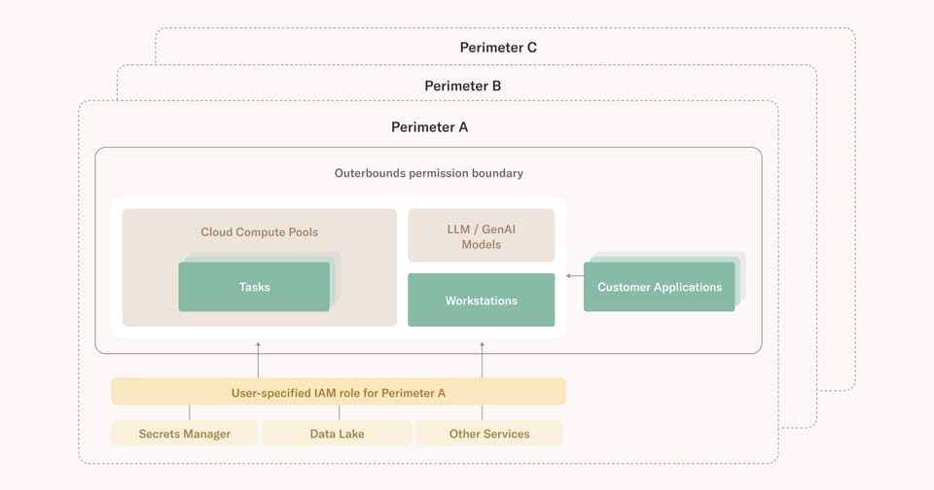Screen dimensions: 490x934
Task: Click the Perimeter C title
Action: [498, 47]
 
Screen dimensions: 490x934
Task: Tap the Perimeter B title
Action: [463, 86]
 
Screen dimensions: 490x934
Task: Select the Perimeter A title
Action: [429, 126]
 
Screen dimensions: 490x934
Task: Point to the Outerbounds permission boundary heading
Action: [428, 173]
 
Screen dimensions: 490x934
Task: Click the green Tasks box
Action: [254, 287]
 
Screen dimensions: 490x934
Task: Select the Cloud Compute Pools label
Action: [259, 232]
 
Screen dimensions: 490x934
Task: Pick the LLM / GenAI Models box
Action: [481, 236]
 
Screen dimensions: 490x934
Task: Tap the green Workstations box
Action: [481, 300]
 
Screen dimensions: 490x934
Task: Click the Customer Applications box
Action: [660, 287]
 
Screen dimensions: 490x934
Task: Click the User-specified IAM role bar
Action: [339, 392]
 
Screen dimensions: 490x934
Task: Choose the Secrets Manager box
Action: [185, 434]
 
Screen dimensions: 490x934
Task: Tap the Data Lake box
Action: [337, 434]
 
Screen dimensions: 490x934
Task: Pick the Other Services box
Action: [489, 434]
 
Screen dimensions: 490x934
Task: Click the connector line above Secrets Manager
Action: [190, 412]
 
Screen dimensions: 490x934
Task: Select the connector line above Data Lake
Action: [339, 412]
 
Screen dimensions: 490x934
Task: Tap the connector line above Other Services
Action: [489, 412]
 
